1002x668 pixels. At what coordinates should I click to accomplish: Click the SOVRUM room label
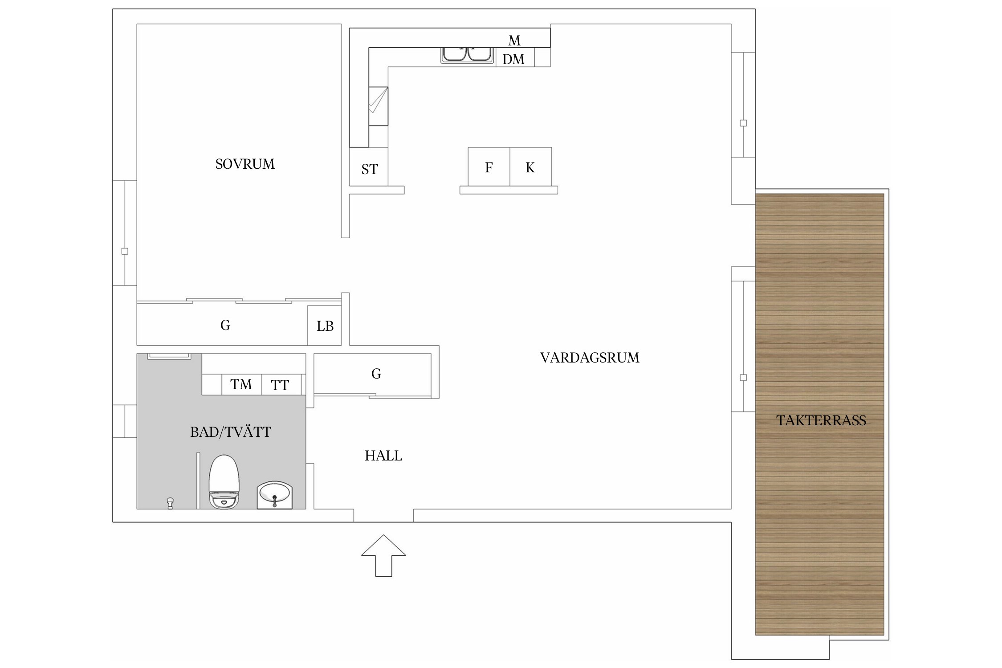pyautogui.click(x=245, y=164)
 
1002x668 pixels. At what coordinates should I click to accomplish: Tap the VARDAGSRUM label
pyautogui.click(x=590, y=358)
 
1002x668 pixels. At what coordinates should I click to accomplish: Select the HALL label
pyautogui.click(x=383, y=456)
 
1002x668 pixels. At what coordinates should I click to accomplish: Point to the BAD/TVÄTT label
pyautogui.click(x=231, y=432)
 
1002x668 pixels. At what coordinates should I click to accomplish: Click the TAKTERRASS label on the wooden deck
pyautogui.click(x=821, y=420)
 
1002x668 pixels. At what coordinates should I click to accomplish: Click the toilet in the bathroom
pyautogui.click(x=224, y=481)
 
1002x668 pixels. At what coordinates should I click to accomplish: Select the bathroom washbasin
pyautogui.click(x=275, y=495)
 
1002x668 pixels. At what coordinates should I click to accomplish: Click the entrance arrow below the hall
pyautogui.click(x=383, y=555)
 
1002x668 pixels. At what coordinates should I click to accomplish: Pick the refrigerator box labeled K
pyautogui.click(x=531, y=167)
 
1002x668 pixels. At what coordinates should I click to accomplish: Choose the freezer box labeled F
pyautogui.click(x=489, y=167)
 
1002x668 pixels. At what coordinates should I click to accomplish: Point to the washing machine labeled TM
pyautogui.click(x=241, y=384)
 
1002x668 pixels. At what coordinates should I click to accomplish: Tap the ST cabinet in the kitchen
pyautogui.click(x=369, y=167)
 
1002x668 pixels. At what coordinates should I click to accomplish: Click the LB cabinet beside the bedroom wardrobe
pyautogui.click(x=325, y=326)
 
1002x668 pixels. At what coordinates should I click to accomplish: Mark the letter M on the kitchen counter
pyautogui.click(x=514, y=41)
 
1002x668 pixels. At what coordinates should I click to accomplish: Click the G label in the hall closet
pyautogui.click(x=376, y=374)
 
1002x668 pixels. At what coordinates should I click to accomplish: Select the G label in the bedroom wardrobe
pyautogui.click(x=225, y=325)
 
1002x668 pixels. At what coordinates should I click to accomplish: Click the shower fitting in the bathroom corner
pyautogui.click(x=170, y=503)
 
